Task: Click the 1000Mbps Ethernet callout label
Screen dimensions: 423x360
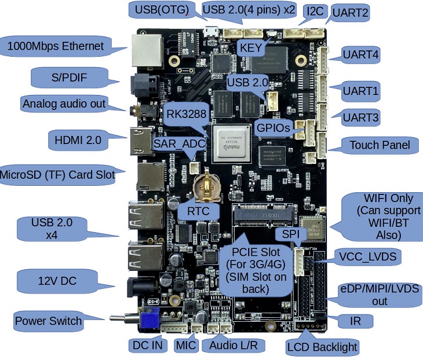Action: pyautogui.click(x=55, y=46)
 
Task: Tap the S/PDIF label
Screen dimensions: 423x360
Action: pyautogui.click(x=70, y=78)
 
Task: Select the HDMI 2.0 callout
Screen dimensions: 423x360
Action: pyautogui.click(x=78, y=140)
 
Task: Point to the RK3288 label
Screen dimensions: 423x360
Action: pyautogui.click(x=187, y=114)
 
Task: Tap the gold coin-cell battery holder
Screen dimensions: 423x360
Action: pyautogui.click(x=207, y=185)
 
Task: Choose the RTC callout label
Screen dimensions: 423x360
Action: pyautogui.click(x=198, y=211)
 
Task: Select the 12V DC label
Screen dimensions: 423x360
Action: pyautogui.click(x=57, y=281)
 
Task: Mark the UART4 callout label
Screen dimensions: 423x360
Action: pyautogui.click(x=360, y=55)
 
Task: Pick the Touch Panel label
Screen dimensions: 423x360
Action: pyautogui.click(x=380, y=145)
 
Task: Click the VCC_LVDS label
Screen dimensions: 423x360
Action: pyautogui.click(x=368, y=256)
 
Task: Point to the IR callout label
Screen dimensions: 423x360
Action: pyautogui.click(x=355, y=321)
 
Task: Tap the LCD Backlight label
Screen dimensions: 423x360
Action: pyautogui.click(x=322, y=347)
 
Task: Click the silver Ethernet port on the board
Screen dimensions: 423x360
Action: pyautogui.click(x=147, y=50)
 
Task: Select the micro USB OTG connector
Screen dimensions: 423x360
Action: pyautogui.click(x=211, y=31)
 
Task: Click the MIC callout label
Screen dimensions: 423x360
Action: pyautogui.click(x=186, y=345)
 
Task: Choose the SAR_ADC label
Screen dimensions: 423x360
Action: pyautogui.click(x=180, y=144)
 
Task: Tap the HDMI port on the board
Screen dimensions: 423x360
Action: pyautogui.click(x=141, y=141)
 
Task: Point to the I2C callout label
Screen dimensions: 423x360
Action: pyautogui.click(x=315, y=12)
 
